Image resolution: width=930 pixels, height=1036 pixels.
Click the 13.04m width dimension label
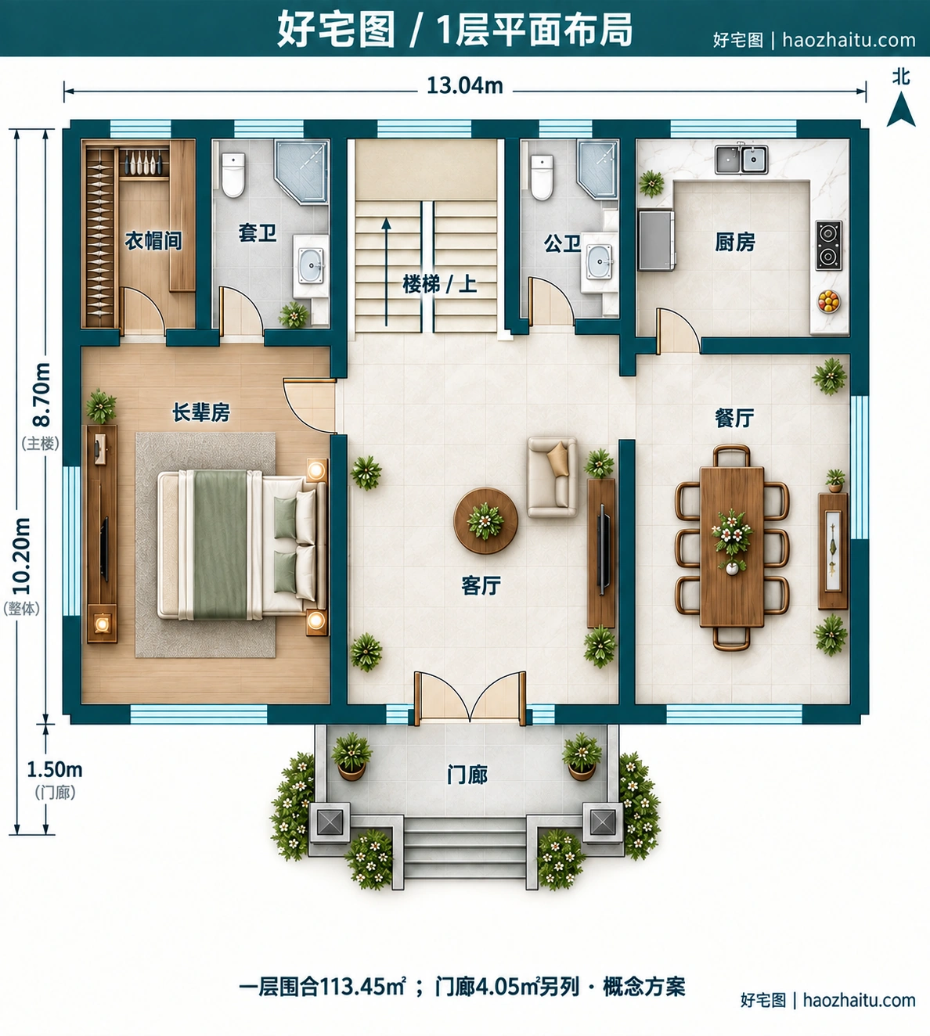click(x=464, y=86)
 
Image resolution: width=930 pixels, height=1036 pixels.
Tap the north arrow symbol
click(x=901, y=109)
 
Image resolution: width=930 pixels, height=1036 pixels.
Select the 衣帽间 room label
click(x=153, y=240)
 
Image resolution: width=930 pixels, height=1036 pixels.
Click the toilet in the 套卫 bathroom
click(x=233, y=175)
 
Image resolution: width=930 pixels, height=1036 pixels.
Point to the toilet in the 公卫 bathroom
click(x=542, y=178)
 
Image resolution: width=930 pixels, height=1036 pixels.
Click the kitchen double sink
click(x=741, y=159)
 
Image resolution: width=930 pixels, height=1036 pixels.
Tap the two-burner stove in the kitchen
click(x=828, y=245)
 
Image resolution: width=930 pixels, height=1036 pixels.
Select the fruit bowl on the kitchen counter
click(x=828, y=301)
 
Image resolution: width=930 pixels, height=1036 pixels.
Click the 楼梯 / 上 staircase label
click(x=439, y=284)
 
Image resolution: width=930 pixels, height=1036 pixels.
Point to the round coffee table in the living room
click(x=485, y=520)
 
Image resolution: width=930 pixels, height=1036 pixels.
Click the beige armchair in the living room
click(x=552, y=477)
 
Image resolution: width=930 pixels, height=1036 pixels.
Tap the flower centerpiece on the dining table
click(x=732, y=535)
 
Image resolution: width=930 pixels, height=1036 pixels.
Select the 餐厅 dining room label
click(x=734, y=418)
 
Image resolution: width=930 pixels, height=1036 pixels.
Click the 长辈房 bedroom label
click(x=200, y=412)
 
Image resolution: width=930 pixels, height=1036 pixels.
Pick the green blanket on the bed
click(x=221, y=545)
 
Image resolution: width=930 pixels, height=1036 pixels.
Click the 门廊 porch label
click(x=467, y=775)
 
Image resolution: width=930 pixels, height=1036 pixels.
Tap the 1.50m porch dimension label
click(x=54, y=769)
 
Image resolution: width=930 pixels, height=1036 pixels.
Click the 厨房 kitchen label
click(x=734, y=242)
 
